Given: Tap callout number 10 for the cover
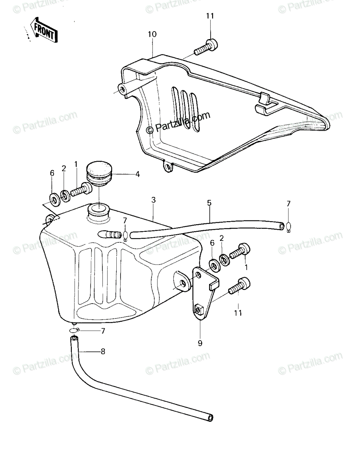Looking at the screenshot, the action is (x=152, y=34).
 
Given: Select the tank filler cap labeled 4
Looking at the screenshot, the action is (x=99, y=176).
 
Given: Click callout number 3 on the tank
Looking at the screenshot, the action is (x=154, y=200).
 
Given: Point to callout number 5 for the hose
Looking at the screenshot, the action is (x=209, y=203).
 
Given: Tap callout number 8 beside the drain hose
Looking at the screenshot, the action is (x=103, y=351).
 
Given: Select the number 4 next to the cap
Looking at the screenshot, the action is (x=138, y=174).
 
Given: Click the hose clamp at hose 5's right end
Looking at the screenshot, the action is (x=288, y=227).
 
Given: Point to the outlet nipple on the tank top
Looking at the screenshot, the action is (x=109, y=234).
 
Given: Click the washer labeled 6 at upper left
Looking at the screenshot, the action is (x=55, y=199).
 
